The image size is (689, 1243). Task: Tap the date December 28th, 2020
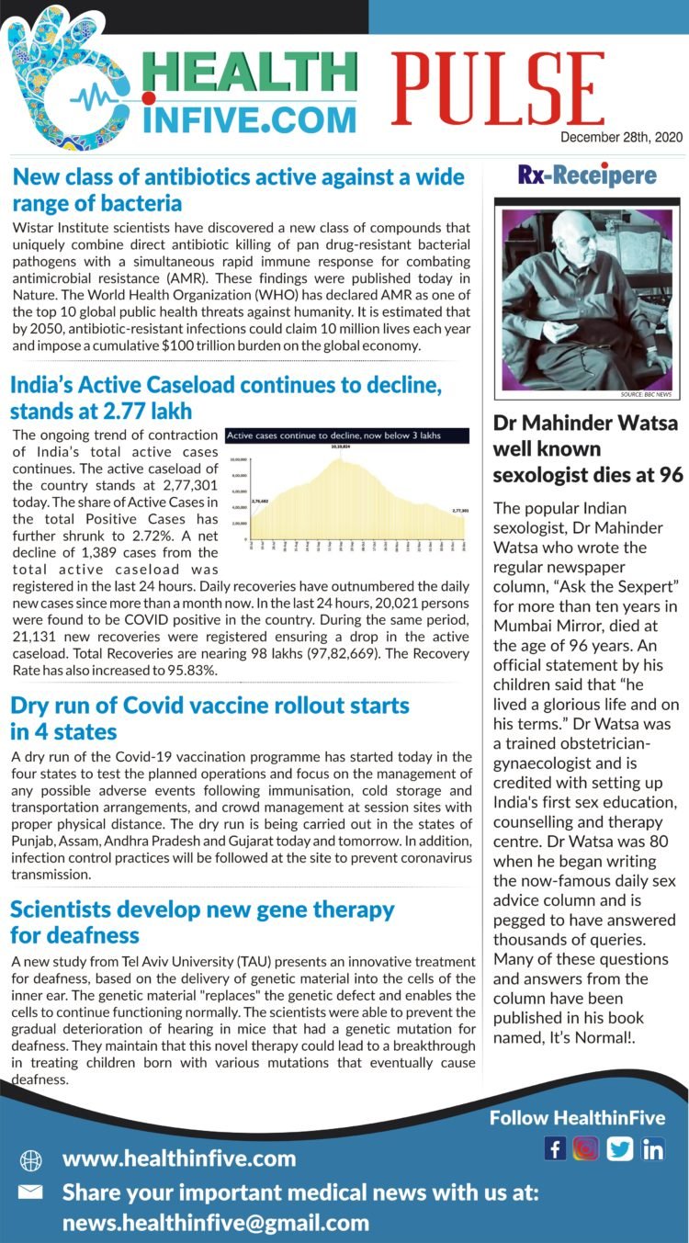click(621, 138)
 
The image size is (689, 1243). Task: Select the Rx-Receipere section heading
click(587, 175)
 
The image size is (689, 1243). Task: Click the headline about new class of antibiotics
click(238, 189)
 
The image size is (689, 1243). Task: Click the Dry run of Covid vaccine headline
click(209, 718)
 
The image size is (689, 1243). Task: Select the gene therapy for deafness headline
click(202, 922)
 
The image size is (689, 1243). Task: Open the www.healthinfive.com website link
click(179, 1159)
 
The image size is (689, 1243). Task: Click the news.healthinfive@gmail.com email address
click(216, 1223)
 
